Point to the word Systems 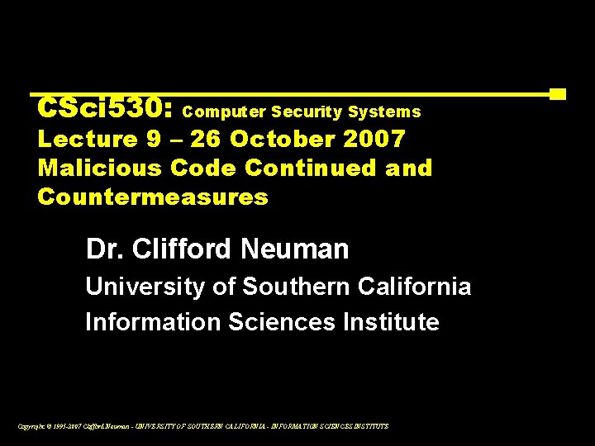click(x=384, y=111)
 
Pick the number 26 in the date click(x=206, y=139)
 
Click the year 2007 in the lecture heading click(x=377, y=139)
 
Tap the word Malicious click(x=99, y=168)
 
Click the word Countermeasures click(x=153, y=197)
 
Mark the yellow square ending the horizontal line click(x=558, y=94)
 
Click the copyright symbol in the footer click(x=43, y=426)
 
